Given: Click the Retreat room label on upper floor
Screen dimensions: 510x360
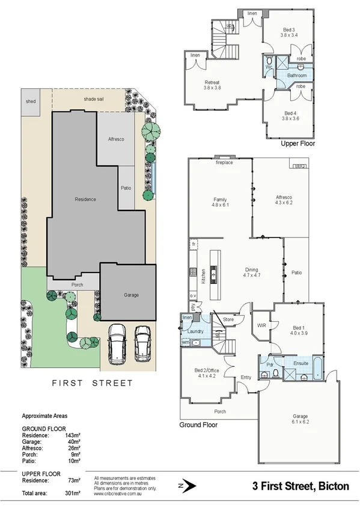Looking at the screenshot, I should pyautogui.click(x=212, y=82).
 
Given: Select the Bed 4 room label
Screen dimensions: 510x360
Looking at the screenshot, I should pyautogui.click(x=290, y=113).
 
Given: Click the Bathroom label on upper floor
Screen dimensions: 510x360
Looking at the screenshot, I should pyautogui.click(x=296, y=76).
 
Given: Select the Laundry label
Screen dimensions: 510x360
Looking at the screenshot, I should pyautogui.click(x=195, y=331).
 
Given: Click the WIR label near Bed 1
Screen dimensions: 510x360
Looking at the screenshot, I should pyautogui.click(x=261, y=325).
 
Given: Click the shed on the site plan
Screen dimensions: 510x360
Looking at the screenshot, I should pyautogui.click(x=30, y=102).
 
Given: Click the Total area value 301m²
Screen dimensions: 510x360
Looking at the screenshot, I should pyautogui.click(x=72, y=493).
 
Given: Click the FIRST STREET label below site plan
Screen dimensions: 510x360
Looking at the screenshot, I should pyautogui.click(x=93, y=382).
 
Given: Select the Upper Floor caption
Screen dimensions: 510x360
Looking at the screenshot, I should pyautogui.click(x=298, y=144).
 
